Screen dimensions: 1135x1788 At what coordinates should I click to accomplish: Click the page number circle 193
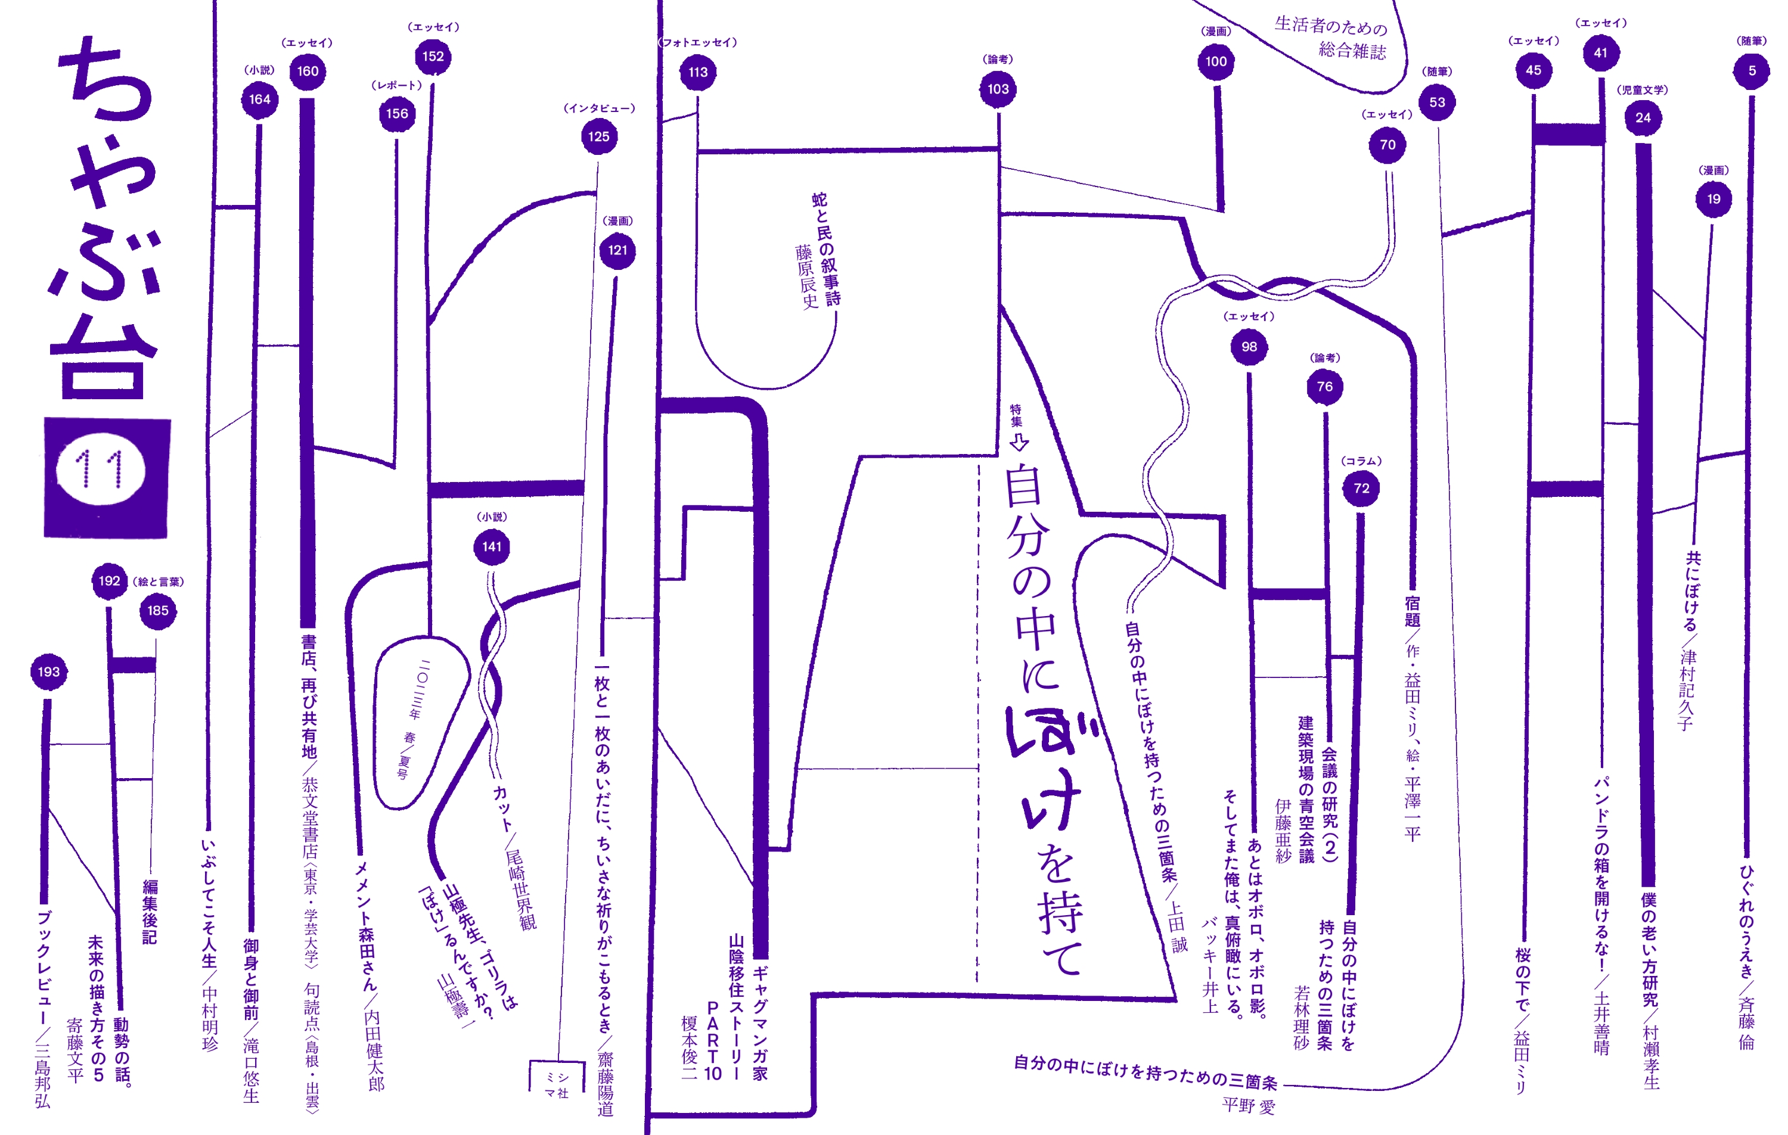(49, 672)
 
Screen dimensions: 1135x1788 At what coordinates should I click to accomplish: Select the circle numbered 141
(492, 547)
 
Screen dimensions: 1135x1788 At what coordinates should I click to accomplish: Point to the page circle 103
(998, 89)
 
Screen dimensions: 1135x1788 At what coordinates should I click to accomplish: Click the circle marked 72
(1361, 489)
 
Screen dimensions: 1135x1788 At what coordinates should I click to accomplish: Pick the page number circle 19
(1713, 199)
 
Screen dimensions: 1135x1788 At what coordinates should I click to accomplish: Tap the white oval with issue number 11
(100, 470)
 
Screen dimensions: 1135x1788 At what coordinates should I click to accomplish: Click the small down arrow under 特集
(1019, 443)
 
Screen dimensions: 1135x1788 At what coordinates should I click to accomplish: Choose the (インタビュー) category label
(599, 108)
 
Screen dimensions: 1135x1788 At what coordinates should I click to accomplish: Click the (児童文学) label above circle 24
(1643, 90)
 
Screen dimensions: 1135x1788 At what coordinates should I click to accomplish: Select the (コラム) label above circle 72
(1361, 461)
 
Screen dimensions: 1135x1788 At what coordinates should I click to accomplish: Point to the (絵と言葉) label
(158, 582)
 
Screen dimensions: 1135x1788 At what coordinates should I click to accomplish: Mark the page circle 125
(598, 136)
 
